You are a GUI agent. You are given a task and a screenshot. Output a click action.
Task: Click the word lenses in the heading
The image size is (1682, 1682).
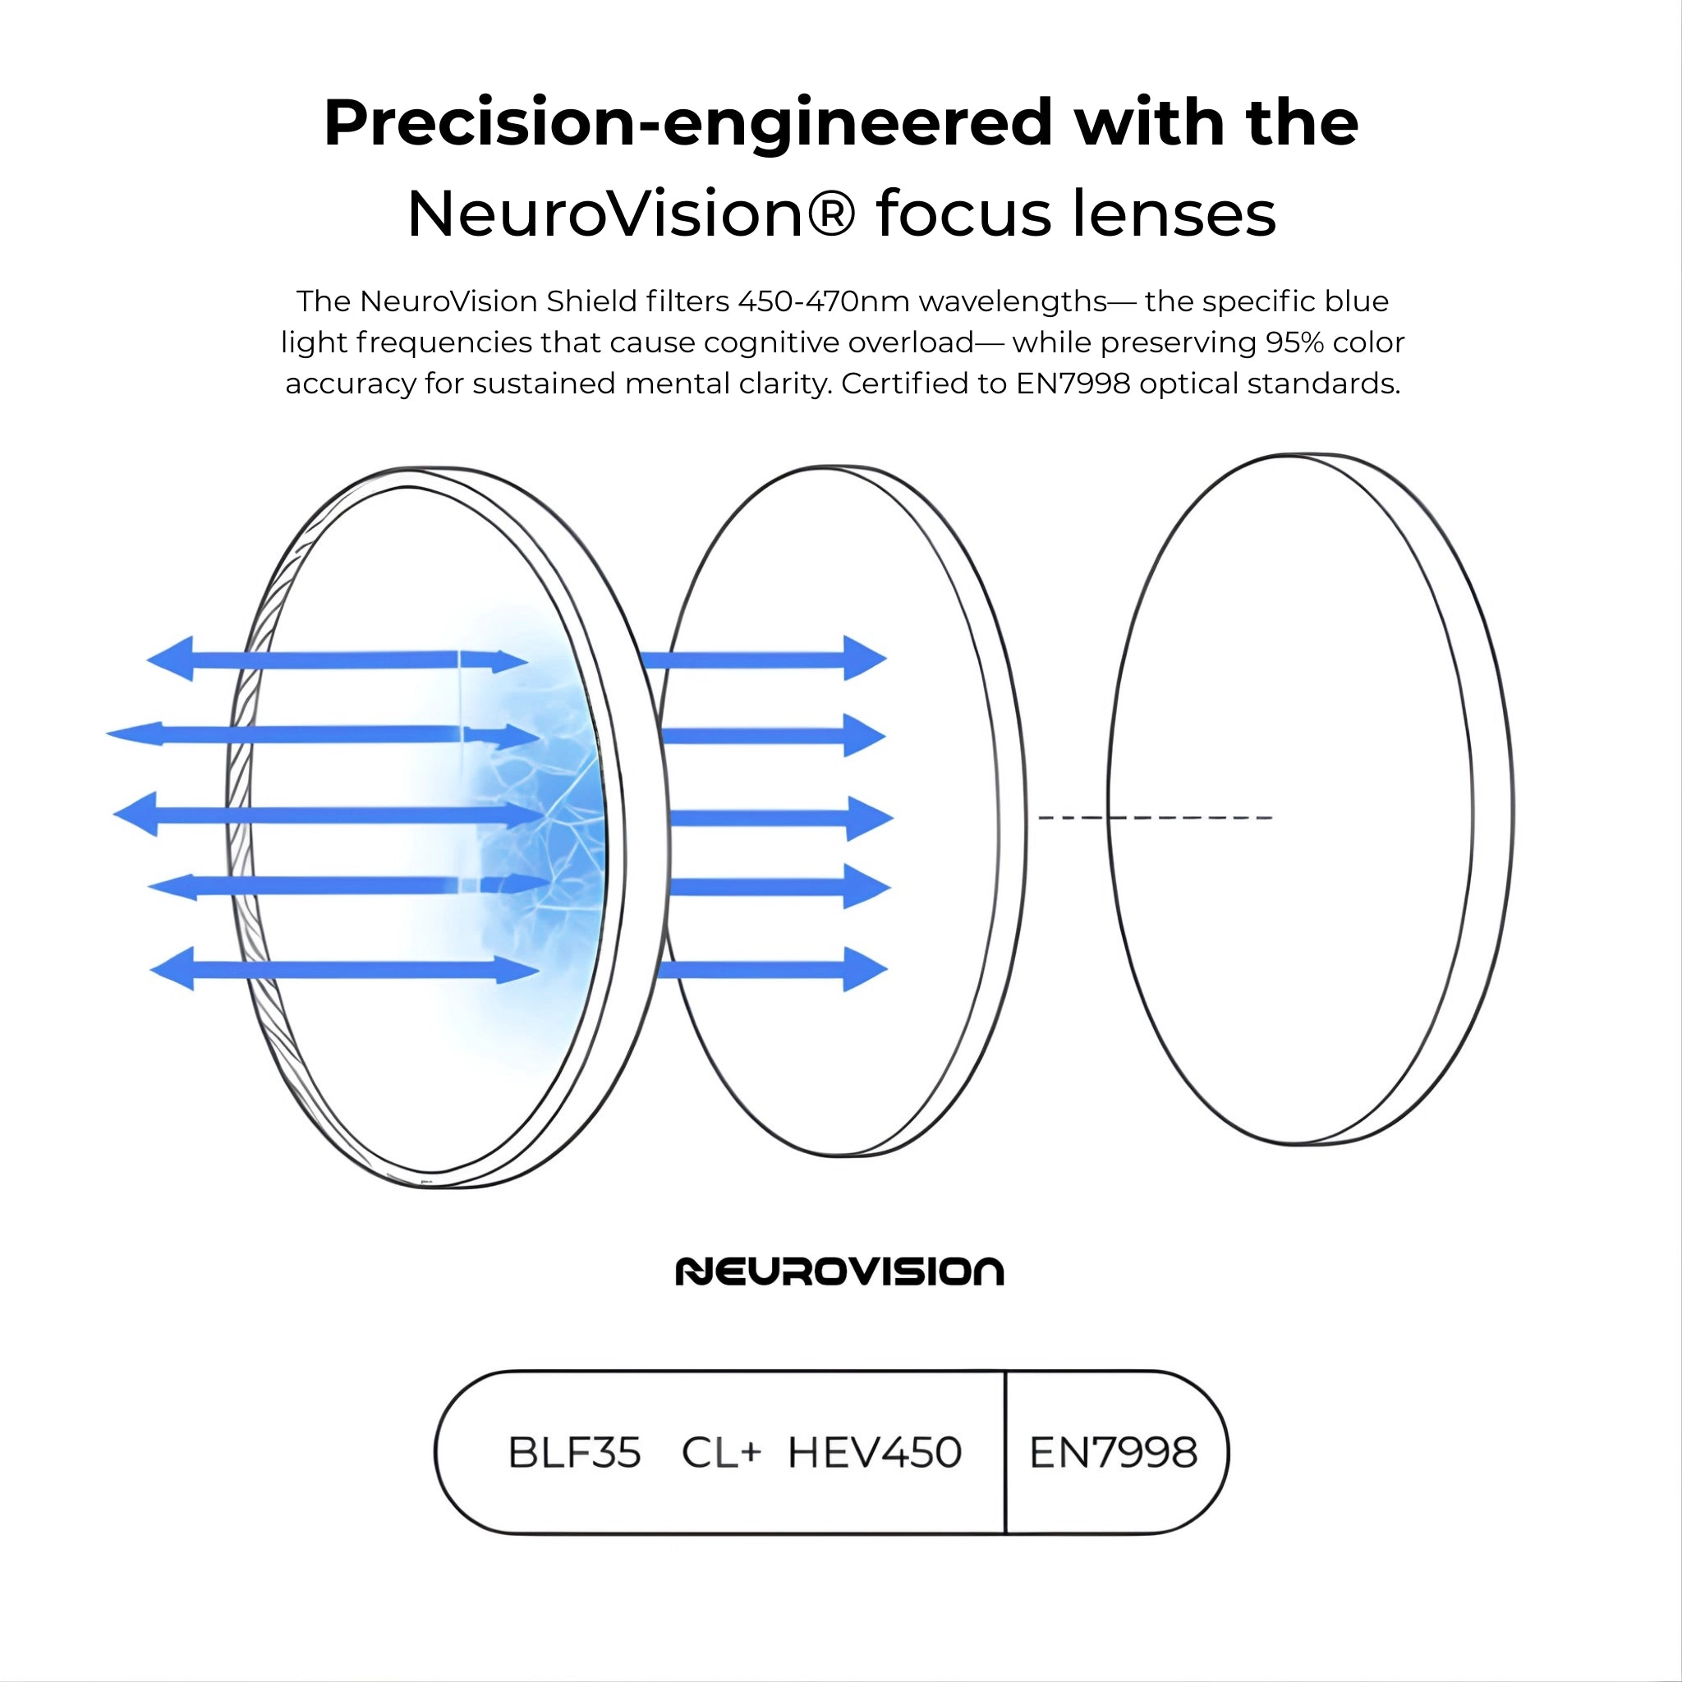coord(1174,214)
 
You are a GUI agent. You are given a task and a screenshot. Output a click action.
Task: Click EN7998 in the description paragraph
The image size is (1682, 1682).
coord(1073,383)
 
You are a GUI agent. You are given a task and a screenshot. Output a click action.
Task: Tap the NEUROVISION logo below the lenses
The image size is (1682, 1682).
coord(840,1272)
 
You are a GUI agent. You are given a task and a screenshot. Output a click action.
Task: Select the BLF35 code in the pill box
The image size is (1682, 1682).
coord(575,1453)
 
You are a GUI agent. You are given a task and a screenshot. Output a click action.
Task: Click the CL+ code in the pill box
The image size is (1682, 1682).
coord(722,1453)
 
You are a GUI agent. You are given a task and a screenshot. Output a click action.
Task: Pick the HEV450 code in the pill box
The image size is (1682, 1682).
coord(875,1453)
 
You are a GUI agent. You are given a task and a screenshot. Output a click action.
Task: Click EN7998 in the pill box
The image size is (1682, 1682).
coord(1114,1453)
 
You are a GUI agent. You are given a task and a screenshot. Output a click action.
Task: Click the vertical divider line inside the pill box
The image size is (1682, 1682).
coord(1005,1452)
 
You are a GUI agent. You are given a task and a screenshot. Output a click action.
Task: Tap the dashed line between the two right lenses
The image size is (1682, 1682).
coord(1156,817)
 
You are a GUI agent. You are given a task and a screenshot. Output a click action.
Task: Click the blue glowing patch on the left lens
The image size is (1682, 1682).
coord(531,818)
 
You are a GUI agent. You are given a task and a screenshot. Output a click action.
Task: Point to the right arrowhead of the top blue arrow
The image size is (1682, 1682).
coord(865,658)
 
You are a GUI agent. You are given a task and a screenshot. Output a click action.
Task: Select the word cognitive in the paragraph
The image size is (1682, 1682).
coord(770,342)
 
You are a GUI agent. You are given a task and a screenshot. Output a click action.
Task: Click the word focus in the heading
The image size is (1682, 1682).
coord(963,214)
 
